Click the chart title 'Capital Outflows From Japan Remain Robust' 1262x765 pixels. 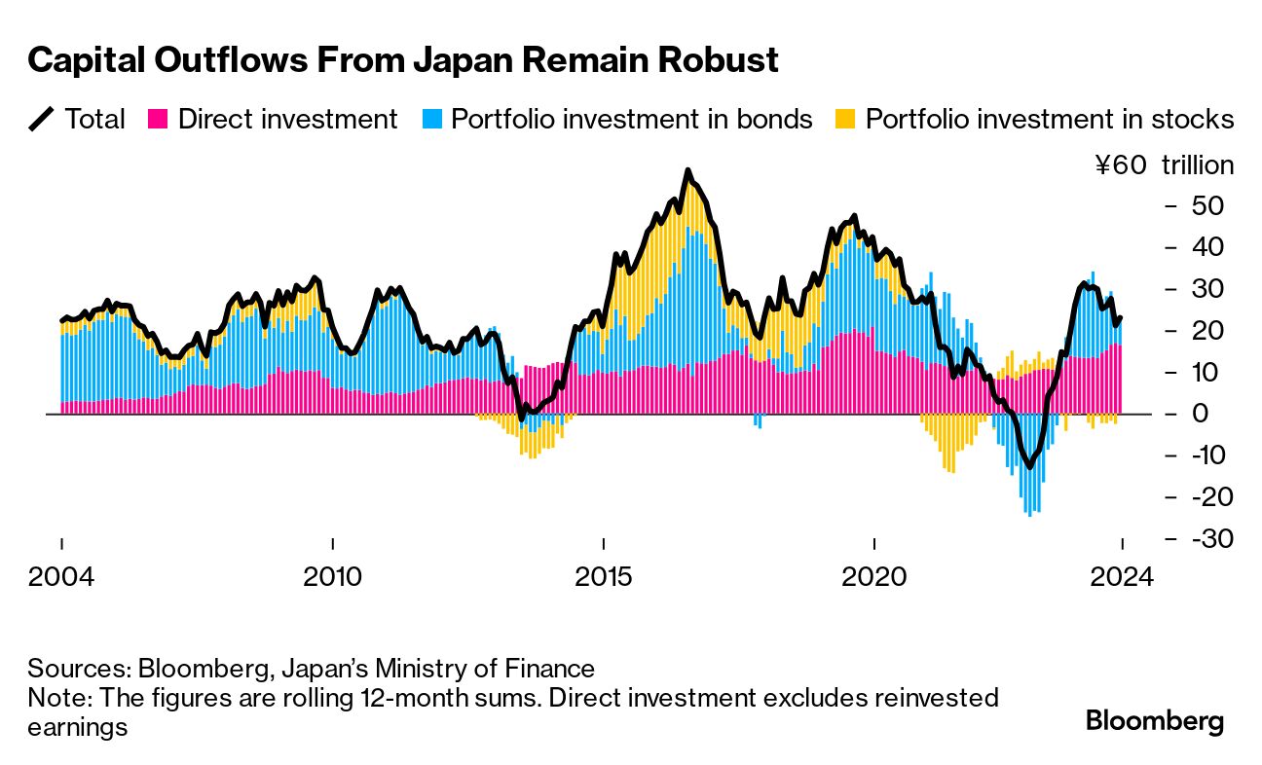coord(403,61)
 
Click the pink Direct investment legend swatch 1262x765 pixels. coord(158,120)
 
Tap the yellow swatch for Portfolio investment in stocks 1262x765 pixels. coord(845,120)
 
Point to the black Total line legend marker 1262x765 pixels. coord(42,120)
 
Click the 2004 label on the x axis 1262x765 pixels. coord(61,576)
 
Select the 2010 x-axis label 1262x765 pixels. coord(332,576)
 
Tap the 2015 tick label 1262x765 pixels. coord(604,576)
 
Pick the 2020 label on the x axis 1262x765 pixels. coord(874,576)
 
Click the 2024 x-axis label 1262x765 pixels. coord(1122,576)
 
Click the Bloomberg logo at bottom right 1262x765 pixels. coord(1154,721)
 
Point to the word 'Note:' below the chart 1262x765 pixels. coord(56,698)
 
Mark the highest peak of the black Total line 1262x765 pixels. coord(687,171)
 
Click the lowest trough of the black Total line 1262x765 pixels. coord(1029,467)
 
